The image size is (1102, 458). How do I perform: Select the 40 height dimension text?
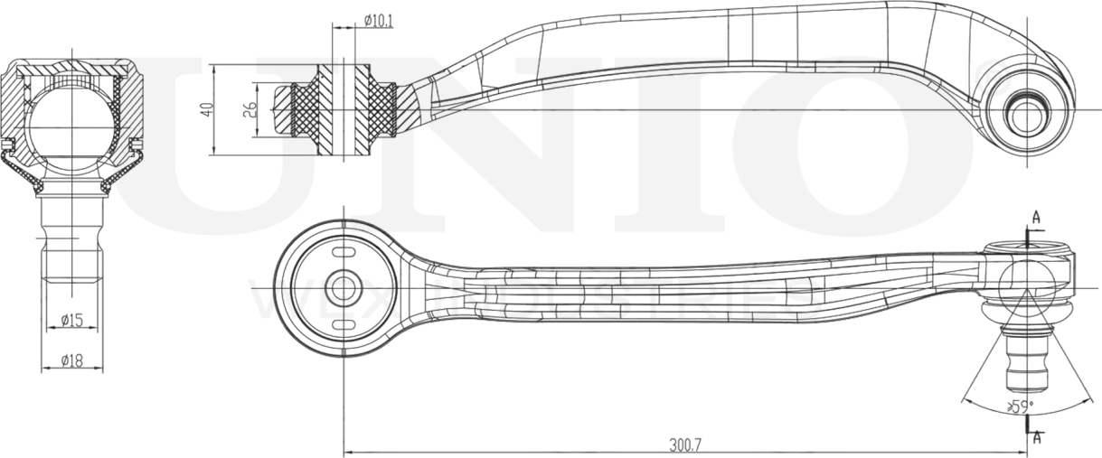tap(206, 108)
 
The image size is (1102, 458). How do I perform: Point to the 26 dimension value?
tap(250, 109)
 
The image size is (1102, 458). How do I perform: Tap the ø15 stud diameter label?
tap(72, 320)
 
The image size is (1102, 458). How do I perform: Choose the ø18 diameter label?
tap(72, 360)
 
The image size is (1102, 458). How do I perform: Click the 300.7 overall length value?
tap(686, 444)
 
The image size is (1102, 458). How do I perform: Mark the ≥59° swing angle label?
tap(1021, 407)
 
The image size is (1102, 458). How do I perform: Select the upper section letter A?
tap(1036, 217)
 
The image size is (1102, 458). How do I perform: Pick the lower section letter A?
tap(1036, 438)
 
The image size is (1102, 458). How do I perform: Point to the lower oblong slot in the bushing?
tap(344, 325)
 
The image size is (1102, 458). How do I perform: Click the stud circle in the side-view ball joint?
tap(1025, 113)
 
